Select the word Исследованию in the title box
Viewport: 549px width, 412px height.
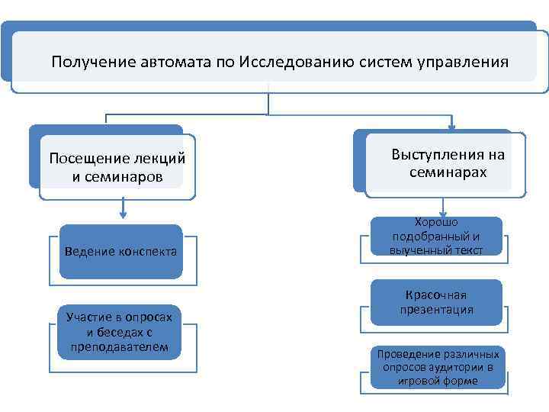(291, 61)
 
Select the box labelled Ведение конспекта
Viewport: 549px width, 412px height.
(121, 251)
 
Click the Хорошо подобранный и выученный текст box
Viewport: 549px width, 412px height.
(436, 237)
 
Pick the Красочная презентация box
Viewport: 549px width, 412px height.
(436, 302)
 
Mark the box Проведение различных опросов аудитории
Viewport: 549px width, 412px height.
(438, 367)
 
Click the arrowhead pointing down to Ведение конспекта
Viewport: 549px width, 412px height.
(122, 216)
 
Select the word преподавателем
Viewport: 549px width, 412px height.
(119, 346)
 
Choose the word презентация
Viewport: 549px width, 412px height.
(437, 310)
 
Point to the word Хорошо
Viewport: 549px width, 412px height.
(436, 222)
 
